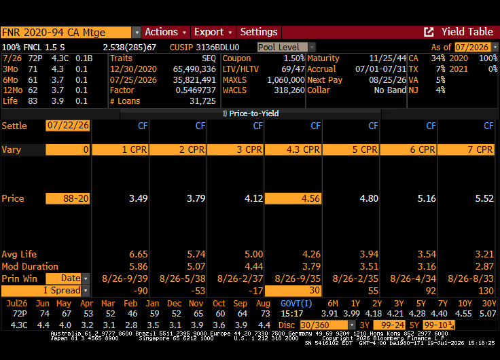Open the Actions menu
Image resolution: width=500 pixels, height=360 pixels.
[x=166, y=32]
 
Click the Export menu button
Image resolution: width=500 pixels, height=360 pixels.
[x=213, y=32]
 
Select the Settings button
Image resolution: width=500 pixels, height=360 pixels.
[x=259, y=32]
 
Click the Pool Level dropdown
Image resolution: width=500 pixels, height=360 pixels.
[x=286, y=48]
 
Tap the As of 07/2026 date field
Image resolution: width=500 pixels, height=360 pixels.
[x=476, y=48]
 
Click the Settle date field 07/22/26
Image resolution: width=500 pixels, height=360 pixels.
[x=68, y=126]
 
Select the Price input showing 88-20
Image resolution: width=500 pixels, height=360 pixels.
[x=68, y=198]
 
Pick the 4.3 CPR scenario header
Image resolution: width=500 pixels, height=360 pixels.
[x=293, y=149]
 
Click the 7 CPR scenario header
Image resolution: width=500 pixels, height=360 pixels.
[x=466, y=149]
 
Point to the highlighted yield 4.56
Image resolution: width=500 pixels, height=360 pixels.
[x=293, y=198]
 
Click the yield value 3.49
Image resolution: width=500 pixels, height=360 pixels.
[x=138, y=198]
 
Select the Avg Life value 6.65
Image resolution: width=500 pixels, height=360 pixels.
[x=138, y=254]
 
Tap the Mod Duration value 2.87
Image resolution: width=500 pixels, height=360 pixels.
[x=484, y=266]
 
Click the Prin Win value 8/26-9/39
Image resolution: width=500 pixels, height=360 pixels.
[x=125, y=278]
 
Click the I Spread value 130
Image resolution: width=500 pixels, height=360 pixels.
[x=486, y=291]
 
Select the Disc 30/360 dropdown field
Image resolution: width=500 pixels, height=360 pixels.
[x=327, y=325]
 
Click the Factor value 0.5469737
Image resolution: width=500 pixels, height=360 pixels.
[x=196, y=90]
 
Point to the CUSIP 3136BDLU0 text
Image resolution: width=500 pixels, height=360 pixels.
[x=204, y=48]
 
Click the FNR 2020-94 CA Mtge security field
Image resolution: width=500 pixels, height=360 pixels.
[x=66, y=32]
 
